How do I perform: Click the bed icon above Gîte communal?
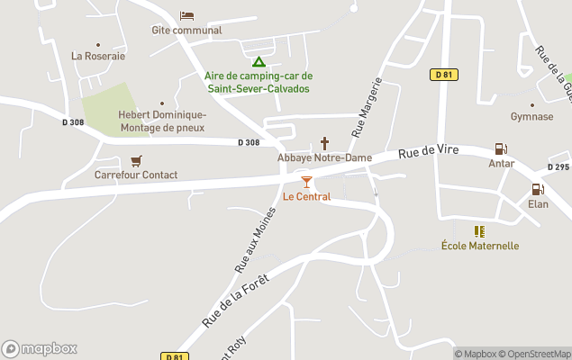(x=186, y=15)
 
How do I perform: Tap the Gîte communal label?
(x=186, y=30)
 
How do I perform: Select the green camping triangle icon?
(x=258, y=62)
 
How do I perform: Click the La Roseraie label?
(x=98, y=56)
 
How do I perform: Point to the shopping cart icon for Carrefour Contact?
(x=136, y=161)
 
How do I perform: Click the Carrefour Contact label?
(x=136, y=175)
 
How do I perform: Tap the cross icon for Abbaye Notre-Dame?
(x=324, y=143)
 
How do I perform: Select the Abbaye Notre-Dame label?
(x=324, y=157)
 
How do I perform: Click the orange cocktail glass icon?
(x=306, y=182)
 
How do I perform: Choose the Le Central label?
(x=306, y=196)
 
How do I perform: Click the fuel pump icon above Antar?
(x=501, y=149)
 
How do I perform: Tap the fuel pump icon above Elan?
(x=538, y=190)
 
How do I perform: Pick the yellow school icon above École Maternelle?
(x=479, y=231)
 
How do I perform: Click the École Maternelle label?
(x=480, y=246)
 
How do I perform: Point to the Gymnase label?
(x=531, y=116)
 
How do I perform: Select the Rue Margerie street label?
(x=368, y=106)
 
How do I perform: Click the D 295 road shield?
(x=558, y=167)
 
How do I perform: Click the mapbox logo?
(x=40, y=348)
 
